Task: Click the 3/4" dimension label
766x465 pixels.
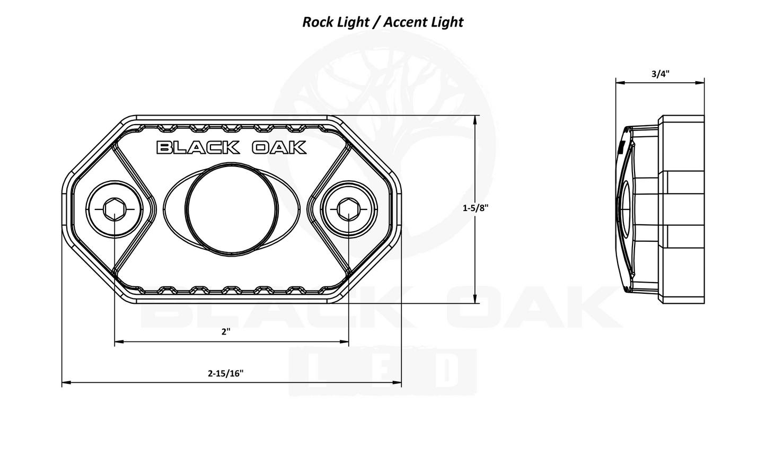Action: [x=660, y=74]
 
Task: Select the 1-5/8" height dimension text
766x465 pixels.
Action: [x=475, y=208]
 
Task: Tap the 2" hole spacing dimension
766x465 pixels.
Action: [x=226, y=332]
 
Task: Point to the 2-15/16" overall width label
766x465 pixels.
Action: [x=225, y=373]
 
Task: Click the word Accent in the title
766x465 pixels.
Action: [x=406, y=22]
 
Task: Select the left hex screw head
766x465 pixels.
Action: [x=114, y=210]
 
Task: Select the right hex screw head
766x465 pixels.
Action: [x=348, y=210]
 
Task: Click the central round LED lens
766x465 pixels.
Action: [x=232, y=208]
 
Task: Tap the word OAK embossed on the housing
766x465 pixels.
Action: [x=279, y=147]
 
